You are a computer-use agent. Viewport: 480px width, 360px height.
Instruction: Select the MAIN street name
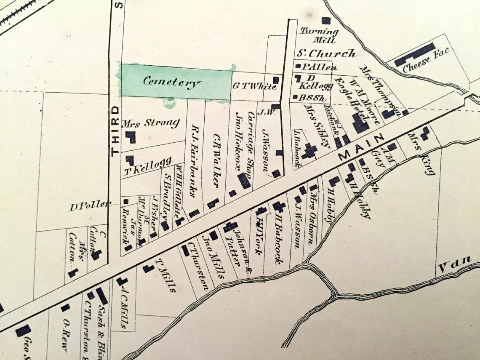click(362, 147)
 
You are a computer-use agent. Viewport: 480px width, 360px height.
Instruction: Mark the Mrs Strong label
click(150, 123)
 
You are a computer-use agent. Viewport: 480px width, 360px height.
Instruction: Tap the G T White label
click(254, 87)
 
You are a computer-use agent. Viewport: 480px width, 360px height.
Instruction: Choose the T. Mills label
click(166, 276)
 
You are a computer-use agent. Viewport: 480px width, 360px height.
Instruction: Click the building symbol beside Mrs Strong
click(131, 137)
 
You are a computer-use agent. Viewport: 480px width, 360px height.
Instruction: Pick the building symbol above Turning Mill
click(325, 20)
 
